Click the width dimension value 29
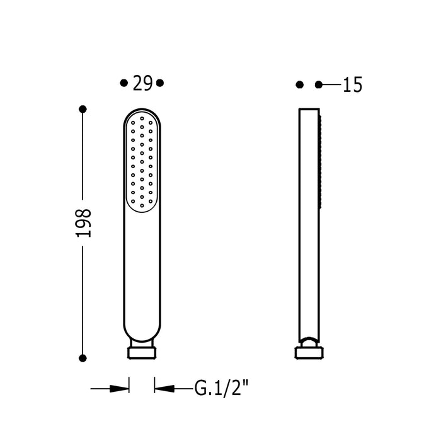(x=142, y=83)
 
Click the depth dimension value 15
(x=353, y=85)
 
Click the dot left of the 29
(x=123, y=83)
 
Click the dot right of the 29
(x=160, y=83)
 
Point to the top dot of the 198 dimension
(x=83, y=109)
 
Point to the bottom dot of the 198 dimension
(x=83, y=358)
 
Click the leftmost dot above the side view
(x=300, y=84)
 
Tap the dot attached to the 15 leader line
(x=319, y=84)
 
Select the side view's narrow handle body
(x=309, y=252)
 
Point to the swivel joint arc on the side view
(x=308, y=341)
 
